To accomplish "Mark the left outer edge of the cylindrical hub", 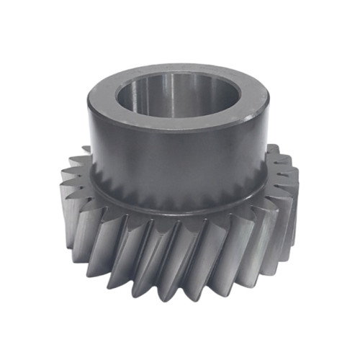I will [91, 144].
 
